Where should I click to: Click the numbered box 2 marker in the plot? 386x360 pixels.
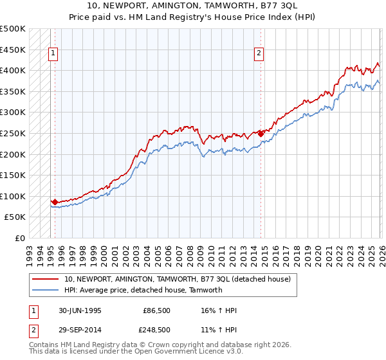click(x=259, y=54)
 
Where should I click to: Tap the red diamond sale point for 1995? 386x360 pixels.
click(x=55, y=202)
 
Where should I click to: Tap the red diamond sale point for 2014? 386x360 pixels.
click(x=261, y=134)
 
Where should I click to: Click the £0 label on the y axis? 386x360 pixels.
click(x=20, y=238)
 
